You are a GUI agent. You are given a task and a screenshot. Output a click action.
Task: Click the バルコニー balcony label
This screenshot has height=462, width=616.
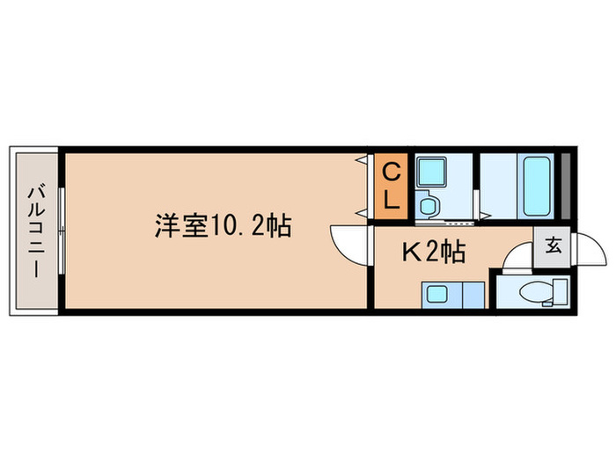[35, 230]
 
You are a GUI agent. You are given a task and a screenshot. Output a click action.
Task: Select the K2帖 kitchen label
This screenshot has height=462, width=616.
[433, 253]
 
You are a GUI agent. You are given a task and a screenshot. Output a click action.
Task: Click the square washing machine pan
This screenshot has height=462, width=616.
[431, 170]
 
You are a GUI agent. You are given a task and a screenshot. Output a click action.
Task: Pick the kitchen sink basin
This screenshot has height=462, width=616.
[437, 294]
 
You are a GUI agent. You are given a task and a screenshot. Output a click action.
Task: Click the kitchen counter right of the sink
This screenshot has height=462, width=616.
[473, 294]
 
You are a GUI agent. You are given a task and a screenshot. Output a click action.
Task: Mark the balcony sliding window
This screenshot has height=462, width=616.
[61, 230]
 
